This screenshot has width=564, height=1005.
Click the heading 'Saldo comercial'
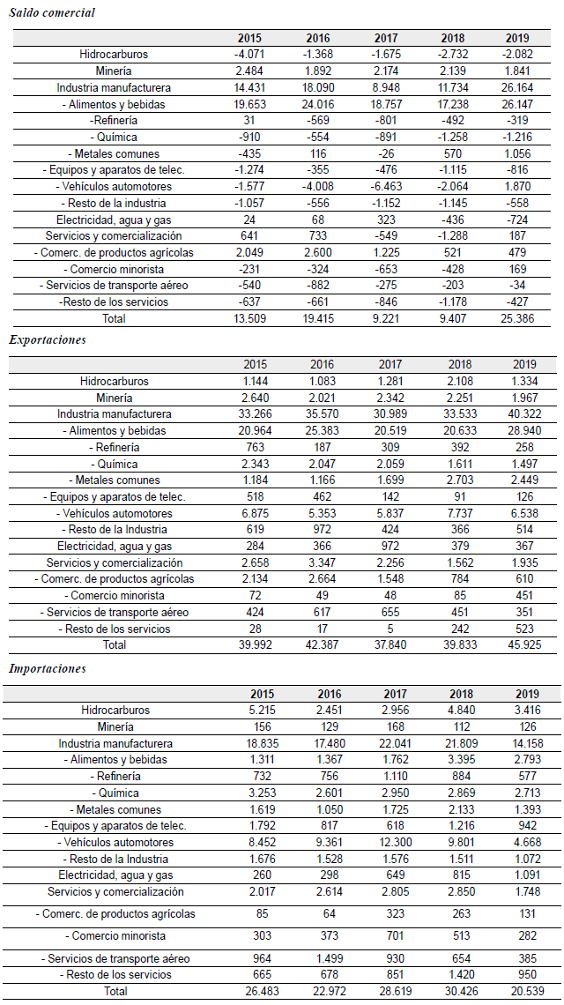(x=52, y=13)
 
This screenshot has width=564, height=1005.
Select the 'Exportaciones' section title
(x=48, y=340)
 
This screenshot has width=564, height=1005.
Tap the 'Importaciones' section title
(x=48, y=668)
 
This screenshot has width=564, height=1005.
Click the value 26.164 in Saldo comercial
(x=517, y=87)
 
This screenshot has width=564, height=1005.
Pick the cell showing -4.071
(x=249, y=54)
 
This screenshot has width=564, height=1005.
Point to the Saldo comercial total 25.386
(x=517, y=319)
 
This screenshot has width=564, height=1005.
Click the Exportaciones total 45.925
(x=517, y=645)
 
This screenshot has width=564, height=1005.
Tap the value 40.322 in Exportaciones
(x=517, y=414)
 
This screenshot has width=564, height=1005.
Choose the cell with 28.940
(x=517, y=431)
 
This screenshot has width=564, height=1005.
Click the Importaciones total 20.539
(x=517, y=991)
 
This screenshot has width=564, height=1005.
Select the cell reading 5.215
(x=249, y=710)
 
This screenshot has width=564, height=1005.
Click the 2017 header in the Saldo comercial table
(x=386, y=38)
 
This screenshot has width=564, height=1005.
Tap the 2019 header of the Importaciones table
(x=517, y=694)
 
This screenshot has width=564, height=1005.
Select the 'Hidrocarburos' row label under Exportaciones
(x=115, y=382)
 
